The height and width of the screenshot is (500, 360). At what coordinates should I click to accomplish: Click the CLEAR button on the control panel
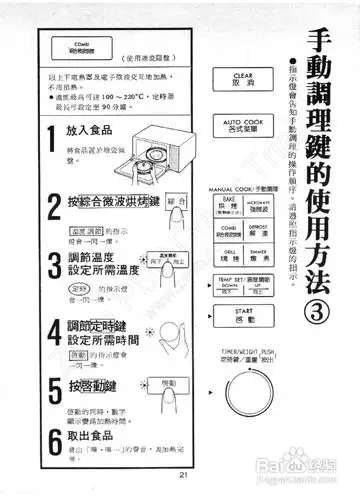(x=243, y=79)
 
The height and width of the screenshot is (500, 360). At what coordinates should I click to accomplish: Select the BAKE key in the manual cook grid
(x=226, y=205)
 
